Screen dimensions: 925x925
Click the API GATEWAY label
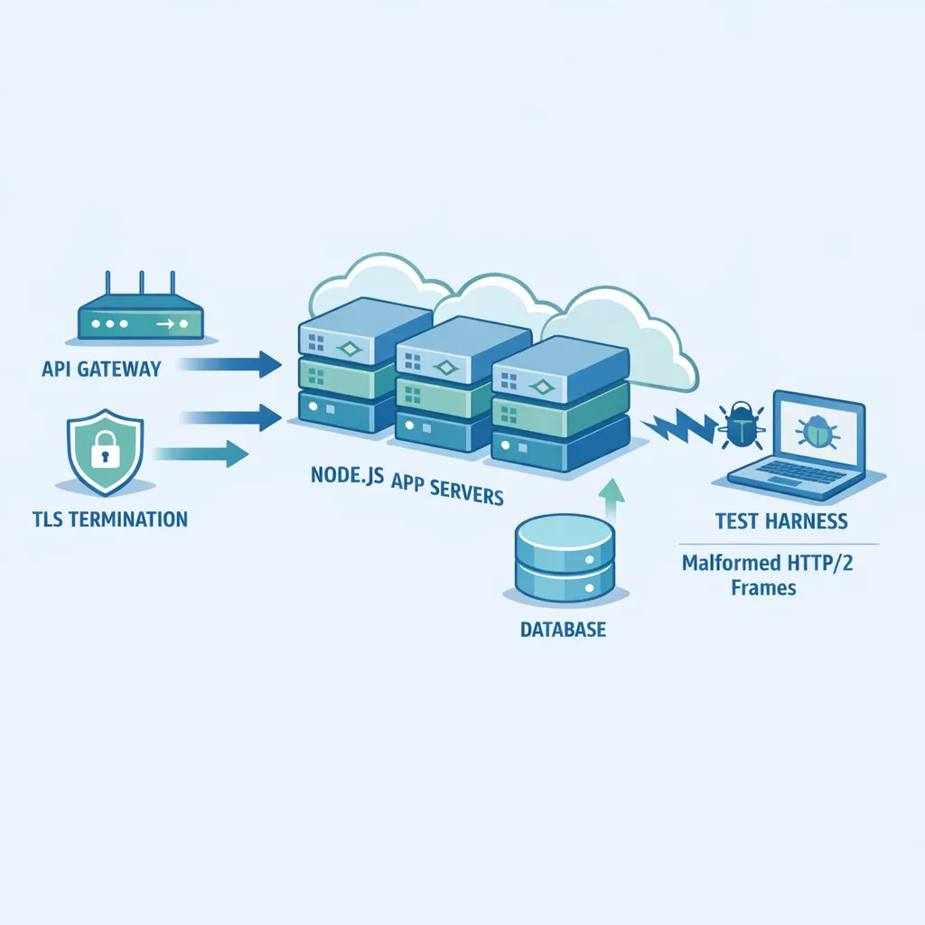[101, 369]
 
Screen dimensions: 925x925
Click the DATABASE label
[563, 630]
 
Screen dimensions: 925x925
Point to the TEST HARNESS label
[781, 521]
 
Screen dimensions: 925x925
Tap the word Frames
[762, 588]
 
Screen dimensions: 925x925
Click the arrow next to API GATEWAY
[229, 364]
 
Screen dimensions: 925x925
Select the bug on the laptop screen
[816, 431]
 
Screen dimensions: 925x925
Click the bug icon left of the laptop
[740, 425]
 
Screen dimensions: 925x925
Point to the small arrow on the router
[166, 322]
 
